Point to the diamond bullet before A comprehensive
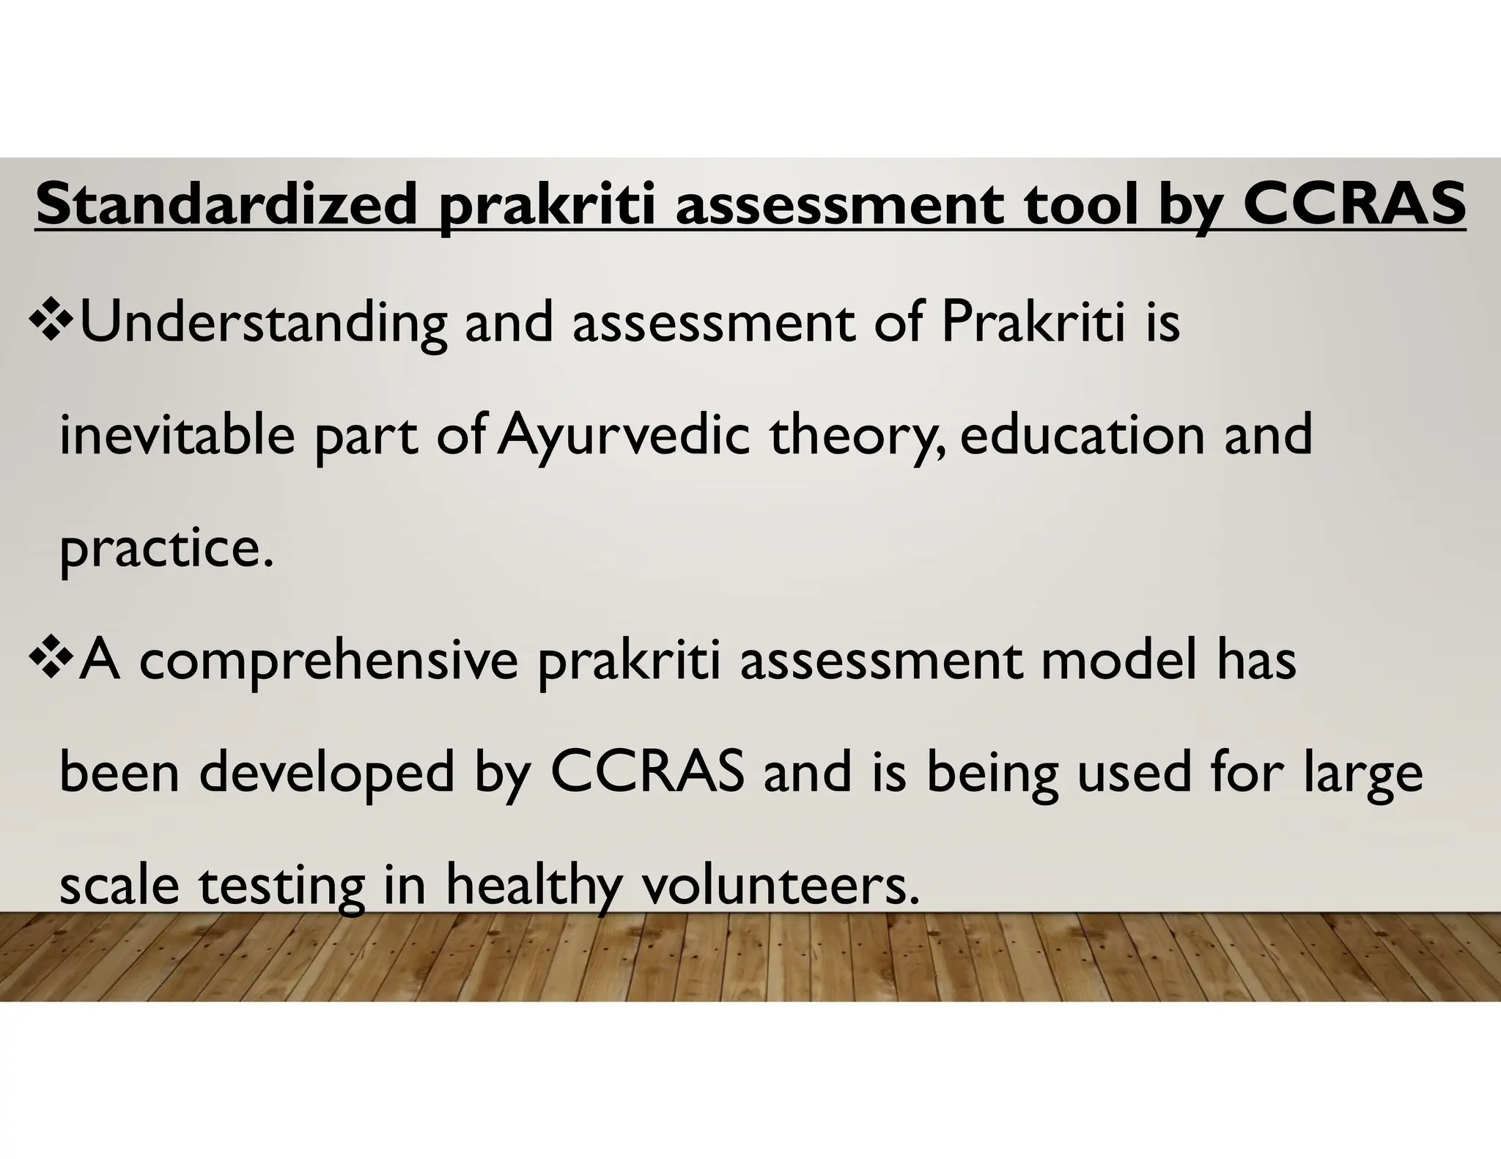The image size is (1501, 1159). point(53,657)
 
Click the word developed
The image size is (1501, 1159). point(327,774)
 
